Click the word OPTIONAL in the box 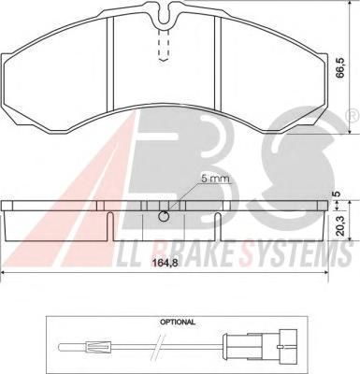[178, 322]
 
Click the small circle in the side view [164, 216]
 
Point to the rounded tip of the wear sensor [61, 346]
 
